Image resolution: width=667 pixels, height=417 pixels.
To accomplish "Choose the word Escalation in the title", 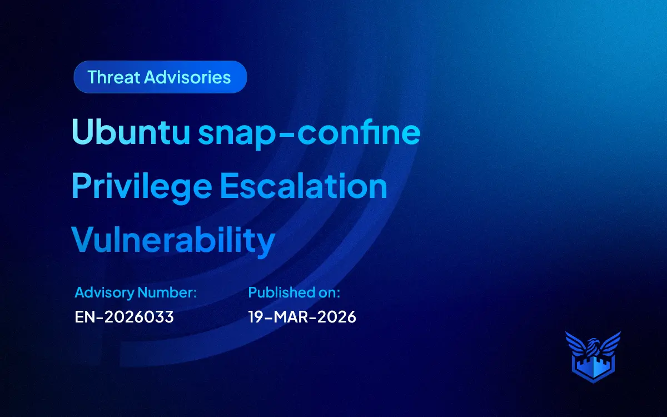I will click(x=303, y=186).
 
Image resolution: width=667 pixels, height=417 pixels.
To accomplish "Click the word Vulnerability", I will click(x=173, y=240).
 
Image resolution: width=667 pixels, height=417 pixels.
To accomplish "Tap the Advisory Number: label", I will click(x=136, y=292).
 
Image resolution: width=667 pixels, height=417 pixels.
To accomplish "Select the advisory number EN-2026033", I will click(x=125, y=317).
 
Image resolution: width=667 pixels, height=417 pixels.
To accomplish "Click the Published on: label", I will click(x=294, y=292).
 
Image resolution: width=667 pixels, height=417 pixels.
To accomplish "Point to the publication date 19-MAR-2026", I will click(x=302, y=317).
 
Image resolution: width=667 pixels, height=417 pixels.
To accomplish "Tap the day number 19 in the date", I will click(x=256, y=317).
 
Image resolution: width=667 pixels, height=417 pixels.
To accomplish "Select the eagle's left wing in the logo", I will click(x=575, y=342).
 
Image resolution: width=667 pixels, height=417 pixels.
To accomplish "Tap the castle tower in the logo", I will click(x=593, y=367).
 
